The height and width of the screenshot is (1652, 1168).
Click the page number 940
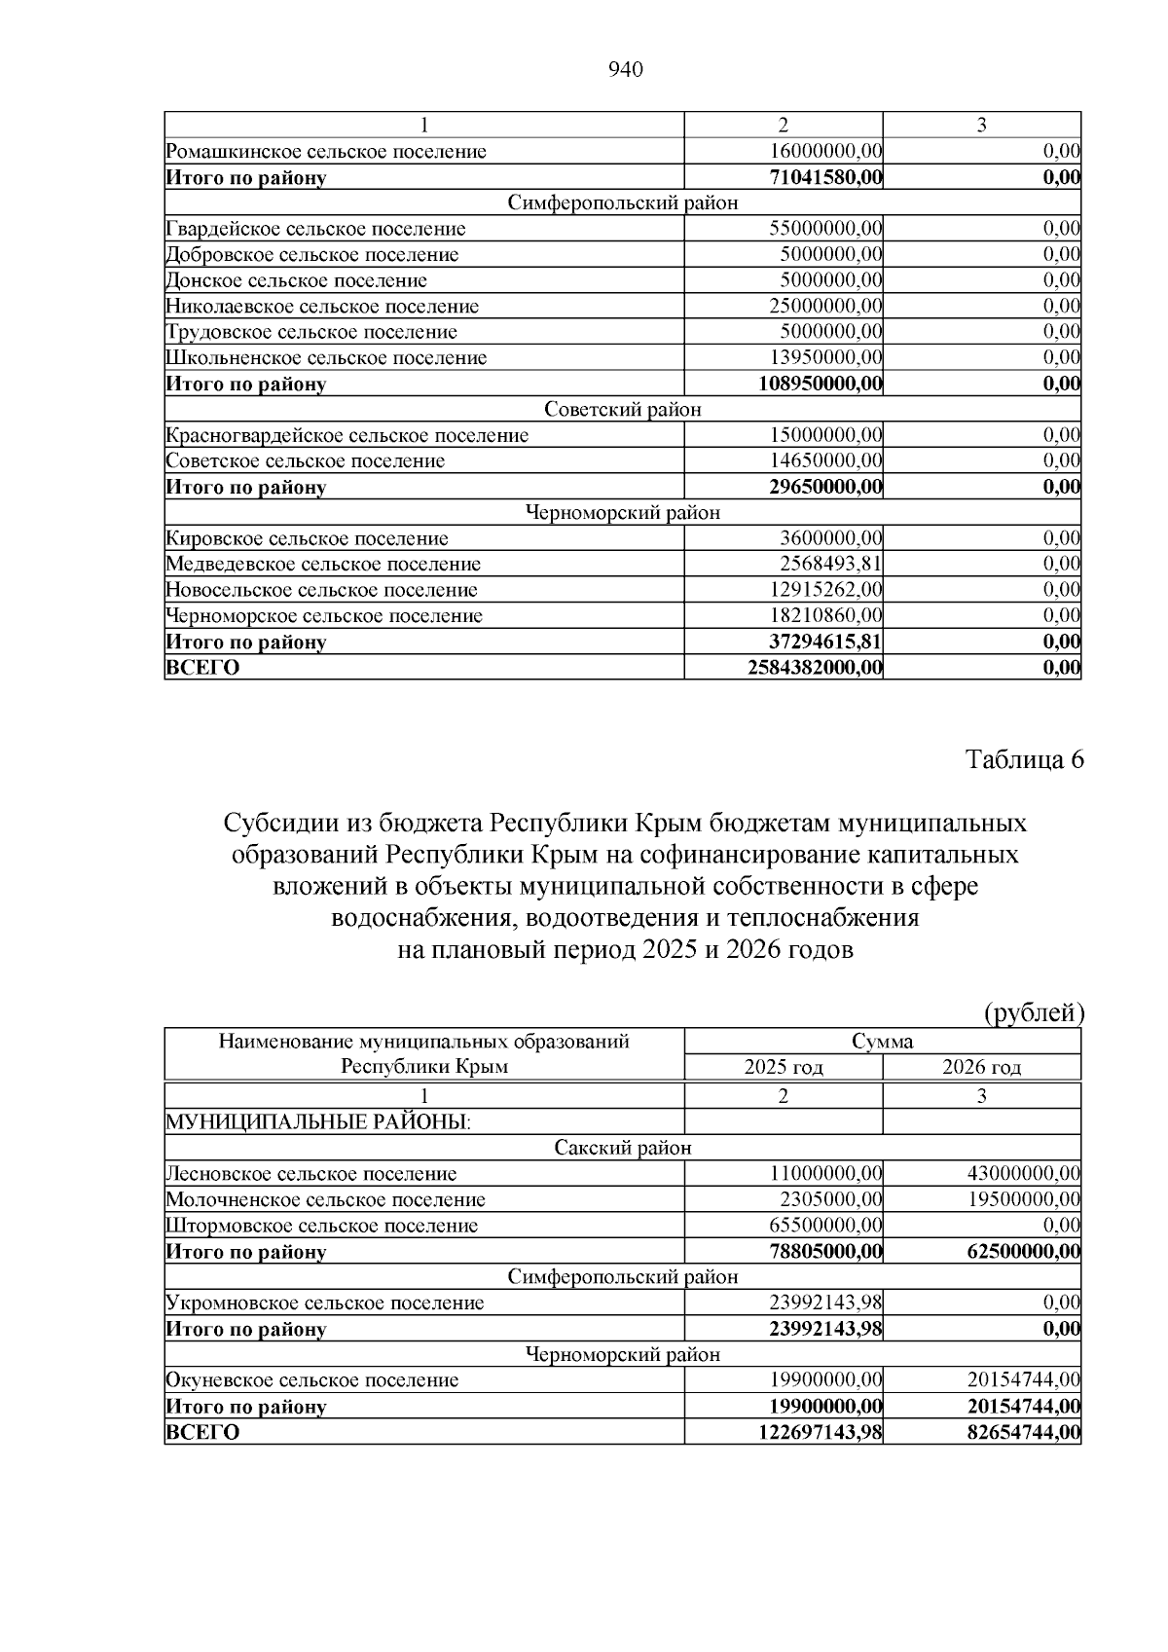[x=625, y=69]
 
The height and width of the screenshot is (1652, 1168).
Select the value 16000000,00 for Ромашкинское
[x=825, y=152]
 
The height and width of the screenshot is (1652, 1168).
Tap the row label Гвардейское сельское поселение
[x=315, y=229]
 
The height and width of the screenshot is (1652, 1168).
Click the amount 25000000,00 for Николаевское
[x=825, y=307]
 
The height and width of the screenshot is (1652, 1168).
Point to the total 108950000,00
[x=821, y=384]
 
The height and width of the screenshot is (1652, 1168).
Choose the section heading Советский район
[x=623, y=409]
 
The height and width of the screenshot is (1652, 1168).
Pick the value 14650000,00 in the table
[x=825, y=460]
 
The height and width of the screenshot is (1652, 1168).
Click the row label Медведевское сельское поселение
[x=323, y=564]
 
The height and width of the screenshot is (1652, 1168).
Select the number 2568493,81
[x=830, y=564]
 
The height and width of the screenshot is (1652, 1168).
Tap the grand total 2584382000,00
[x=816, y=668]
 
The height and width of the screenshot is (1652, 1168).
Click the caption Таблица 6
[x=1024, y=760]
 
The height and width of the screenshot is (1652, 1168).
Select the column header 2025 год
[x=784, y=1067]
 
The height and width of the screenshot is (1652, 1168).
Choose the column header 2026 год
[x=982, y=1067]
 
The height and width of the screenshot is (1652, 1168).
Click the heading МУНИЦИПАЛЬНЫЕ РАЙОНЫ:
[x=318, y=1122]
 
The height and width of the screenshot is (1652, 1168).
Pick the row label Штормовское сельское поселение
[x=322, y=1226]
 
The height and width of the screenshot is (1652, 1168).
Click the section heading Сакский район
[x=623, y=1148]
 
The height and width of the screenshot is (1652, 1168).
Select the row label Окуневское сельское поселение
[x=311, y=1380]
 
